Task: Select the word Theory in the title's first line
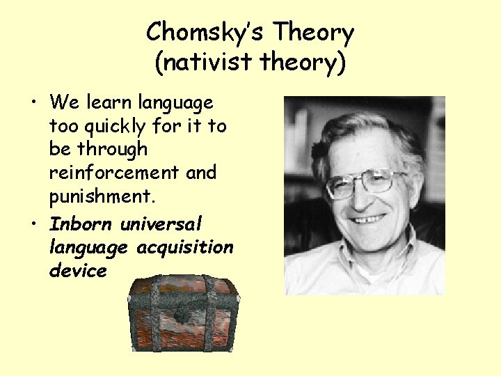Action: tap(314, 32)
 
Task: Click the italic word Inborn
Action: tap(81, 224)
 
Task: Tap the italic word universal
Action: tap(161, 224)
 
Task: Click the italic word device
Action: tap(78, 271)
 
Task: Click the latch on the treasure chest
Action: tap(184, 313)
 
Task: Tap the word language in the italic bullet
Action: tap(89, 247)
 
